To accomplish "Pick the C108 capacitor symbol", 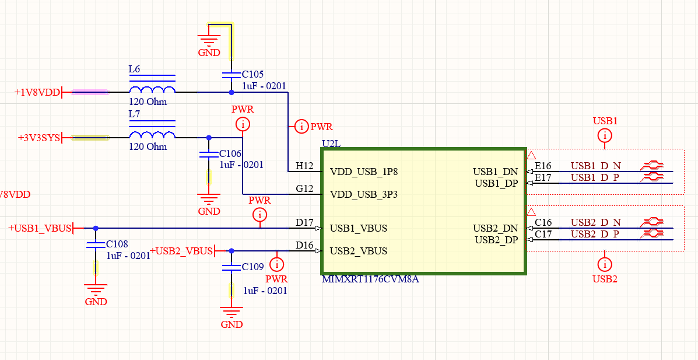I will point(96,245).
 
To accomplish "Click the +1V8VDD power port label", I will point(37,92).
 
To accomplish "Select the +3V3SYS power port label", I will point(38,138).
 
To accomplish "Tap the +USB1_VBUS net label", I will point(40,228).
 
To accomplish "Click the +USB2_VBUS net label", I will point(181,251).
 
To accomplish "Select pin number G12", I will point(304,189).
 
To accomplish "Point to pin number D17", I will point(304,223).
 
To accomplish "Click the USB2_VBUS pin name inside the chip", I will point(358,251).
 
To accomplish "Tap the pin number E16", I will point(543,166).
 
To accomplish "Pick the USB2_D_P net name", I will point(595,234).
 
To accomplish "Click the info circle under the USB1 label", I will point(605,136).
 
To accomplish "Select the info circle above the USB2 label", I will point(605,264).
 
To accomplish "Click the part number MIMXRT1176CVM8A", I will point(370,279).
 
